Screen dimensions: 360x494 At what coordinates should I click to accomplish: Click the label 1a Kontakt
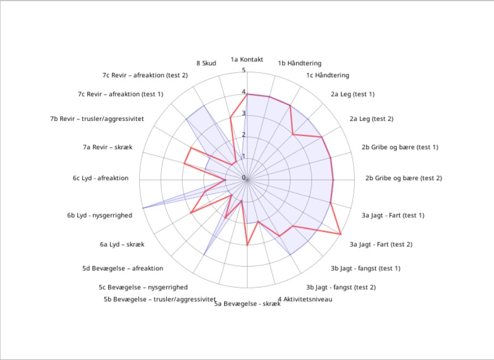[x=247, y=59]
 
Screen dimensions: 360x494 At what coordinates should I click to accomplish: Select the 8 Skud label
[x=206, y=63]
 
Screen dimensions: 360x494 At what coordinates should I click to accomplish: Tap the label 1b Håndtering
[x=299, y=63]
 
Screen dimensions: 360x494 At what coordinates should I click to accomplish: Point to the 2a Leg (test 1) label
[x=352, y=94]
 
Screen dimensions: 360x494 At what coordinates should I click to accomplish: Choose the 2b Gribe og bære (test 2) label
[x=403, y=178]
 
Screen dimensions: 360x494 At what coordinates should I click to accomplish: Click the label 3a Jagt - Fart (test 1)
[x=393, y=215]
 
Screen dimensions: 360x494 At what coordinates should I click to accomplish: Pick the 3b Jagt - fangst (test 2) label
[x=341, y=287]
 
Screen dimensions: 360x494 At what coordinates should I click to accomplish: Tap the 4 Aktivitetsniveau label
[x=305, y=299]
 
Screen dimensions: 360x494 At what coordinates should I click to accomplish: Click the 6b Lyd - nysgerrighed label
[x=99, y=215]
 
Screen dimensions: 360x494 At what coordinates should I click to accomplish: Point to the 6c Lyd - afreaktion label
[x=101, y=178]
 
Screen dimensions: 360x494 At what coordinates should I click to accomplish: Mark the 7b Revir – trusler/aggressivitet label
[x=101, y=118]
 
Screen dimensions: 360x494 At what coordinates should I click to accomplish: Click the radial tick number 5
[x=244, y=70]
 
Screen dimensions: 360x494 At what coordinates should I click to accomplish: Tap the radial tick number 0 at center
[x=244, y=178]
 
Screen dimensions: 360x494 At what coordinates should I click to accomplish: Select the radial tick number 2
[x=244, y=135]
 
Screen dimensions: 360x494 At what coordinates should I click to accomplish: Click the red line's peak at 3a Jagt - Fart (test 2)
[x=341, y=234]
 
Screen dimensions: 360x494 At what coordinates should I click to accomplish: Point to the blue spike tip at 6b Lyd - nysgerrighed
[x=142, y=208]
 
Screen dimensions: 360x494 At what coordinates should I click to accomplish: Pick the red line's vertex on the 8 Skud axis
[x=230, y=118]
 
